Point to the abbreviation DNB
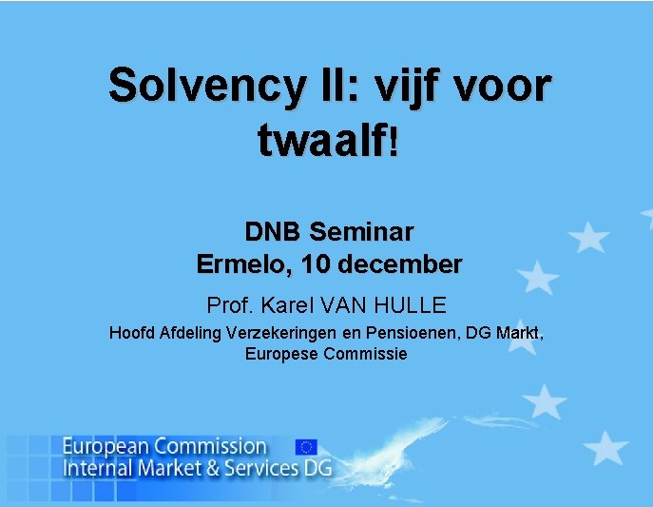274,231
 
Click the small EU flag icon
306,446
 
